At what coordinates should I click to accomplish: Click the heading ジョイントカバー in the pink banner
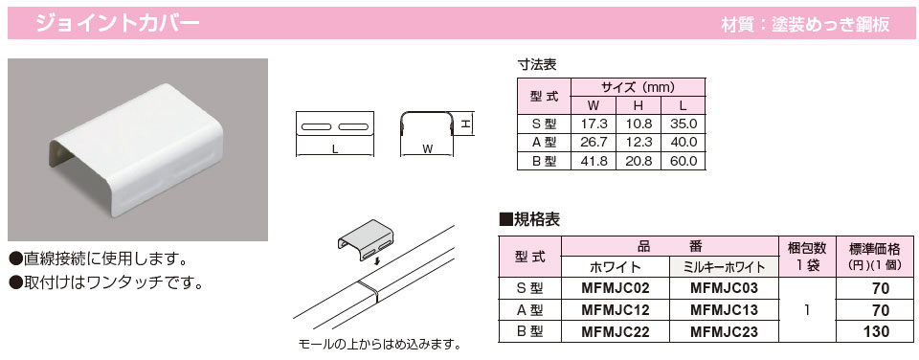(117, 23)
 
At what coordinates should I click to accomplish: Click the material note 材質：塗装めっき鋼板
(806, 24)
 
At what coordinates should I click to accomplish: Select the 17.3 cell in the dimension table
(594, 124)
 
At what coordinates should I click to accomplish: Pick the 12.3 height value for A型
(639, 142)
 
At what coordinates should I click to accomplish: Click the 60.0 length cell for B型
(683, 160)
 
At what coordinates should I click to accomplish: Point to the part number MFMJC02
(616, 288)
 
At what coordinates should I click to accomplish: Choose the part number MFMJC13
(724, 309)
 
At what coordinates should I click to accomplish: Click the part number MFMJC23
(724, 331)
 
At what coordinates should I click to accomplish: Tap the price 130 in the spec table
(877, 331)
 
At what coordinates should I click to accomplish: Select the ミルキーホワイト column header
(724, 267)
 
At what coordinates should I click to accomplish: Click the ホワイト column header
(616, 267)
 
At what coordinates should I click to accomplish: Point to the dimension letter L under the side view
(335, 149)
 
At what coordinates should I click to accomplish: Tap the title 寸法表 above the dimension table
(536, 64)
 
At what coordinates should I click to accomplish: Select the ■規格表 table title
(529, 220)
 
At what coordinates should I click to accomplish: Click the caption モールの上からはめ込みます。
(379, 343)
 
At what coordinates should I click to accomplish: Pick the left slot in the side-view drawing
(317, 127)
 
